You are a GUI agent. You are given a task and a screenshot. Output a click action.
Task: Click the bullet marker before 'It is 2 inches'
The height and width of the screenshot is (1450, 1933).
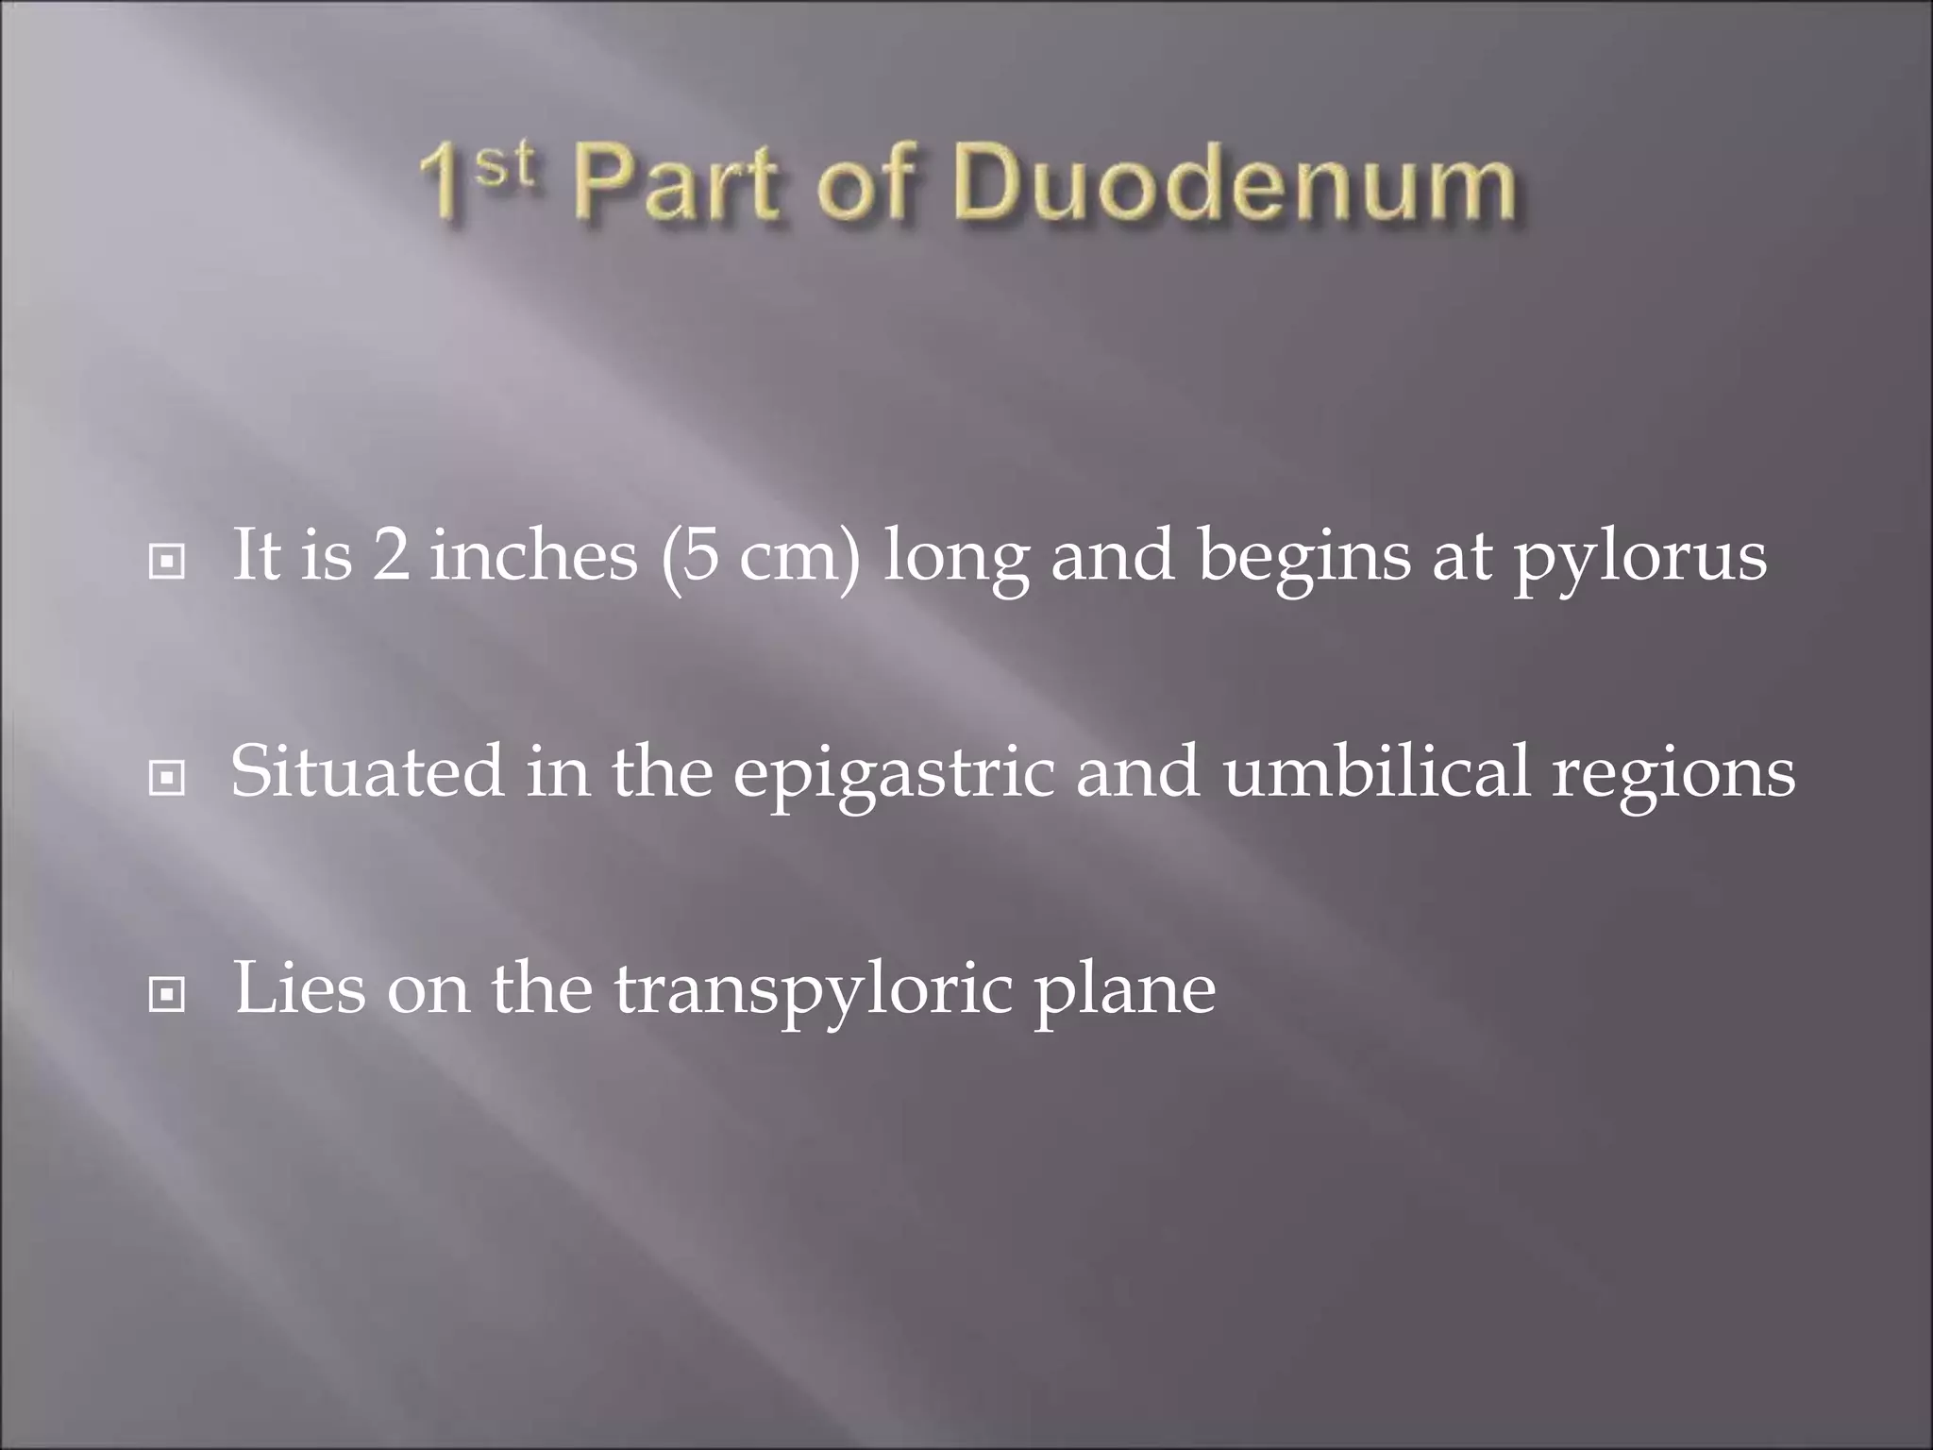point(167,562)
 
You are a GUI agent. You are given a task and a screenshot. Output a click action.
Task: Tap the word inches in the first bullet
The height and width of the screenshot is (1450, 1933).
point(533,555)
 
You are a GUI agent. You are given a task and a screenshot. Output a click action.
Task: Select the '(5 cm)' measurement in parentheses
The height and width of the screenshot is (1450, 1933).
point(760,557)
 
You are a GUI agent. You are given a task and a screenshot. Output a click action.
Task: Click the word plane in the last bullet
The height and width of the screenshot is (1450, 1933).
point(1125,991)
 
